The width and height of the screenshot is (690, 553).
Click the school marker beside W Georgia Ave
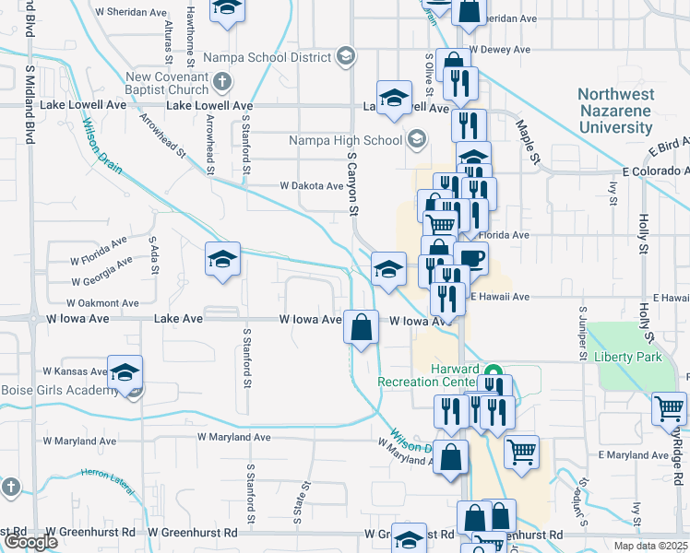pos(222,261)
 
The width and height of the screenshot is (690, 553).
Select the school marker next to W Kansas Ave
pos(125,373)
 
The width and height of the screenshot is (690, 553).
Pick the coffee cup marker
pos(470,258)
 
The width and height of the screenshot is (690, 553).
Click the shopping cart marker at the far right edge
pos(669,408)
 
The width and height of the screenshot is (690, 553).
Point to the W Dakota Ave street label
pos(312,185)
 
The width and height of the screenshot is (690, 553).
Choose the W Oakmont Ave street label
pos(102,302)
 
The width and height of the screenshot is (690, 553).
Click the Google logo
pos(30,542)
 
